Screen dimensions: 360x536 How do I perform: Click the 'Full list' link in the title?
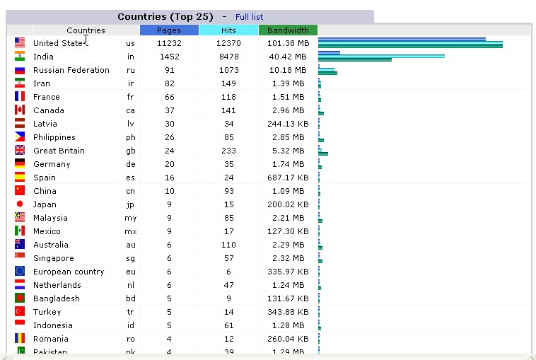(250, 17)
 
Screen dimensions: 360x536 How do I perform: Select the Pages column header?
(169, 30)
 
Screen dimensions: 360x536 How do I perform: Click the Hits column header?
(228, 30)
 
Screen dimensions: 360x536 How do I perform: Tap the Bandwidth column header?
(288, 30)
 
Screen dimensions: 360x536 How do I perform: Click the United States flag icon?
(20, 43)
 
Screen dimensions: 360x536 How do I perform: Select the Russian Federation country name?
(71, 70)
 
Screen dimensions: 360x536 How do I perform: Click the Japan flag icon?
(20, 204)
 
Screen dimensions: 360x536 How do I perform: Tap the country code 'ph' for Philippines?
(131, 137)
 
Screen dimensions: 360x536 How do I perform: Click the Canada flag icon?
(20, 110)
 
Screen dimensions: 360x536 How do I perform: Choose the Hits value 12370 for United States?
(228, 43)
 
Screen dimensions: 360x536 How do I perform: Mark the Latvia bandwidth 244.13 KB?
(288, 124)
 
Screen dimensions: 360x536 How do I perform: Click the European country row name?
(69, 272)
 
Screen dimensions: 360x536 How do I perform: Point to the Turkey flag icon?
(20, 312)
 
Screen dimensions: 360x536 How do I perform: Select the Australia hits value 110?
(228, 245)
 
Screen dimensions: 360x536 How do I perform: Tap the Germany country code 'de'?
(131, 164)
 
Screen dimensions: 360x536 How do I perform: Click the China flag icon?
(20, 191)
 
